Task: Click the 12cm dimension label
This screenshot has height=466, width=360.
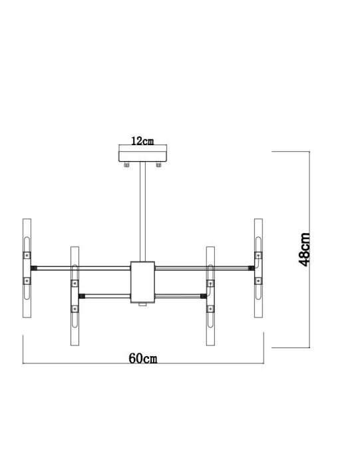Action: click(x=142, y=141)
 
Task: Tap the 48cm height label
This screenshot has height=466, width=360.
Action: click(x=304, y=249)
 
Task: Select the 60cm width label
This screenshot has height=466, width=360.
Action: click(x=142, y=359)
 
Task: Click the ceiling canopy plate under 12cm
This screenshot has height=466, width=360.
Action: click(x=142, y=156)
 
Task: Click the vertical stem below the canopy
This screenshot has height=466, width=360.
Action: click(x=142, y=213)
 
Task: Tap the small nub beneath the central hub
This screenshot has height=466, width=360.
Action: click(x=142, y=307)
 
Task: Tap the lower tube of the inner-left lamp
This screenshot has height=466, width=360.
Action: click(x=75, y=326)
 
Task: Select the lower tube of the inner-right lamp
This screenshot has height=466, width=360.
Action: click(x=210, y=326)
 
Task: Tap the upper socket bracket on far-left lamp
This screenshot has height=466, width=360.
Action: click(x=27, y=255)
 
